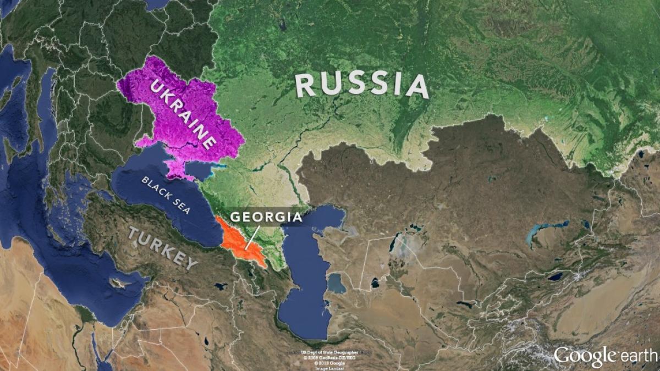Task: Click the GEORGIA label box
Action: (x=266, y=217)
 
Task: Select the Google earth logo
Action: (x=605, y=356)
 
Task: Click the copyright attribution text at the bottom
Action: (x=329, y=358)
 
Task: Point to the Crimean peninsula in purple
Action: (x=179, y=171)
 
